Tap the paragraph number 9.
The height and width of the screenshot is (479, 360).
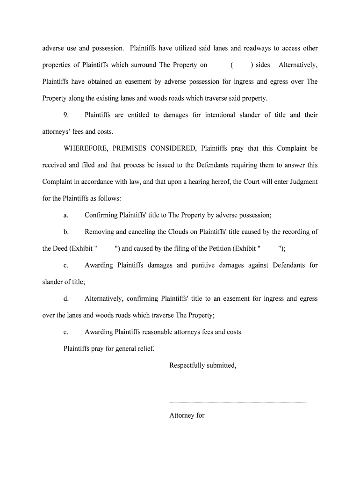coord(66,115)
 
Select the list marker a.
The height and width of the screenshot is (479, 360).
coord(66,215)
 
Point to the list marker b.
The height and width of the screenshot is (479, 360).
coord(66,232)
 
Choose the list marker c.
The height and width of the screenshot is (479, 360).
coord(66,265)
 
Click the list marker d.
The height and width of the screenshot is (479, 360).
coord(66,298)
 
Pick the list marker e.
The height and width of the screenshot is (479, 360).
coord(66,332)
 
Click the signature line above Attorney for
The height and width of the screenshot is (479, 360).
coord(238,402)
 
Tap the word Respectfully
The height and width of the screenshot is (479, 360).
coord(187,365)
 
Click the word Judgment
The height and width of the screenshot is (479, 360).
coord(302,182)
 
